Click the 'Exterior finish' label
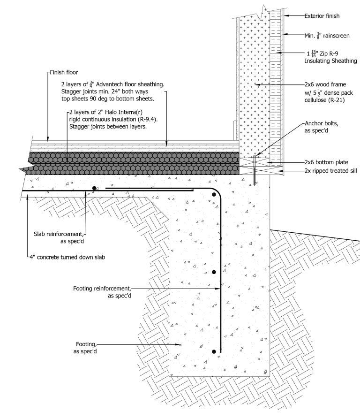[x=322, y=16]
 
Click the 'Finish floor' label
[x=65, y=73]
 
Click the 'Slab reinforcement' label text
[x=59, y=233]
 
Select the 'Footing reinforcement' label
[x=103, y=288]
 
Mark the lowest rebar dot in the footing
[x=214, y=351]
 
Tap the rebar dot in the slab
[x=95, y=188]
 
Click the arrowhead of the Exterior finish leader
[x=284, y=16]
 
